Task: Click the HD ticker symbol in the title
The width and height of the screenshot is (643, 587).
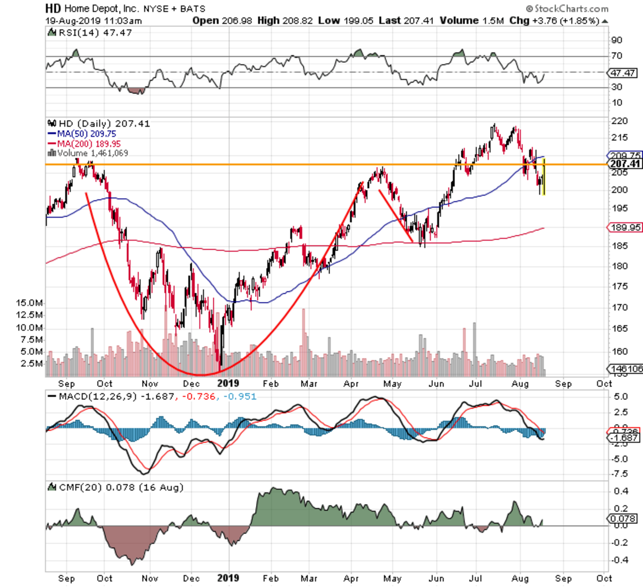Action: click(53, 9)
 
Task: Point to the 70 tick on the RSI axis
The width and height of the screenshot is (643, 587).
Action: click(617, 56)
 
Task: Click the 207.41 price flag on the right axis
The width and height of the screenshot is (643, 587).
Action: click(625, 164)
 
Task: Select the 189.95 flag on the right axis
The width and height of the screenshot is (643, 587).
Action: click(625, 227)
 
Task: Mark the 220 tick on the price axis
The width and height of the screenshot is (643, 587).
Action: click(619, 121)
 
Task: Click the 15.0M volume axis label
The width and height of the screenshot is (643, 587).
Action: click(29, 303)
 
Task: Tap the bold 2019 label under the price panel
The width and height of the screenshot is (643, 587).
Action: click(228, 383)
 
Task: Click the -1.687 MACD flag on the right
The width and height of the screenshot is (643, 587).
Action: click(624, 438)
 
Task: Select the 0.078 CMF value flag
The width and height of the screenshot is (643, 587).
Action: click(624, 518)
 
